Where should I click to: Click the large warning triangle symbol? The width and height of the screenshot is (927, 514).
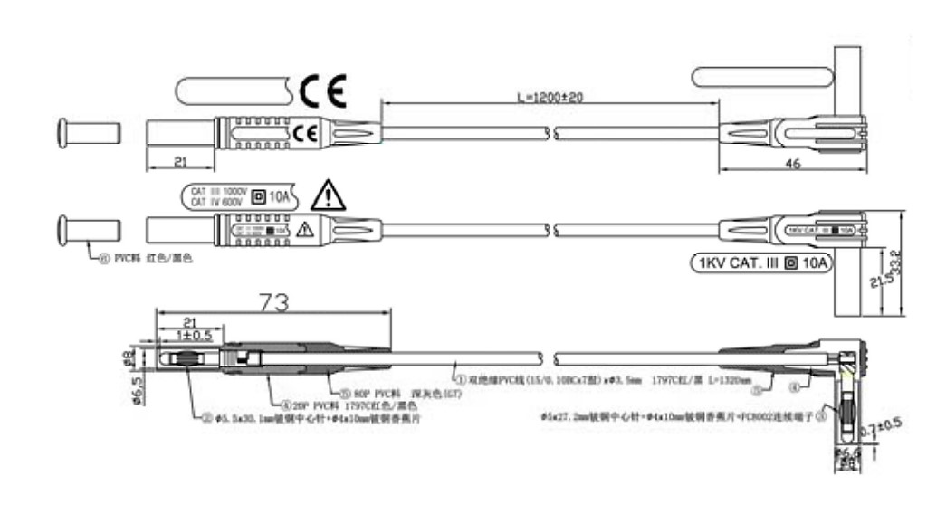tap(326, 195)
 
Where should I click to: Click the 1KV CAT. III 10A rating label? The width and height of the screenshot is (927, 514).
tap(760, 264)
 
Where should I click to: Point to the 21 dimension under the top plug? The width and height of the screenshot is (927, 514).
tap(179, 161)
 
